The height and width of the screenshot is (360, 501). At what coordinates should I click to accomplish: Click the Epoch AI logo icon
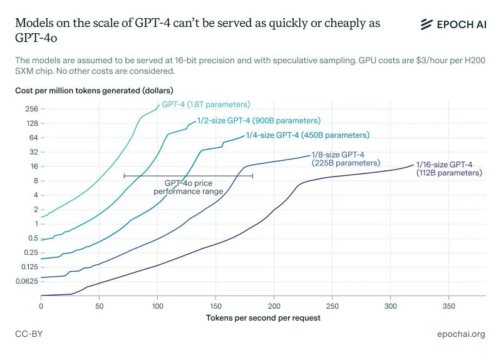(x=427, y=24)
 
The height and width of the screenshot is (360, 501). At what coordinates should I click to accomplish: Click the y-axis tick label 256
(x=32, y=109)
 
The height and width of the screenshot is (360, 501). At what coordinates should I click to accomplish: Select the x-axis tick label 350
(x=448, y=306)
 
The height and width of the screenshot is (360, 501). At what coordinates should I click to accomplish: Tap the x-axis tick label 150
(x=215, y=306)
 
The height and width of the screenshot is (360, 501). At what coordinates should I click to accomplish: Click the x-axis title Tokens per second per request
(x=263, y=318)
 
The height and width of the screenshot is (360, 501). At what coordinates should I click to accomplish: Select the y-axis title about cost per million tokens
(x=94, y=91)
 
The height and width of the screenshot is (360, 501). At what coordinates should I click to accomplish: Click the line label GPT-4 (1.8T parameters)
(x=206, y=105)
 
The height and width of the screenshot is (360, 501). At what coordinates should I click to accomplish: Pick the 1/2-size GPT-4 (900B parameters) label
(x=259, y=120)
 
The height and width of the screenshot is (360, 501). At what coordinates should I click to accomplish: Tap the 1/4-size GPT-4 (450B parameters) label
(x=307, y=135)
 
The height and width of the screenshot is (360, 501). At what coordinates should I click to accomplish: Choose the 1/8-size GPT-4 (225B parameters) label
(x=346, y=159)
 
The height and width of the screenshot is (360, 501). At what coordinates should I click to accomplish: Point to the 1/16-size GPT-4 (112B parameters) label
(x=449, y=168)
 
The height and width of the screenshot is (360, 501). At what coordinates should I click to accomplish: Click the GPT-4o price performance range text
(x=189, y=187)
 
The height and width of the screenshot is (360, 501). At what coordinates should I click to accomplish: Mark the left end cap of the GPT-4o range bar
(x=124, y=176)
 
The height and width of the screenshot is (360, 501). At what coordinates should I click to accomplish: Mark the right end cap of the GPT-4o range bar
(x=252, y=176)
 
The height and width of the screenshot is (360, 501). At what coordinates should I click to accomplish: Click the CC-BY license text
(x=29, y=334)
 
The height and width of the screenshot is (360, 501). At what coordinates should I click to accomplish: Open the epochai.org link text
(x=461, y=334)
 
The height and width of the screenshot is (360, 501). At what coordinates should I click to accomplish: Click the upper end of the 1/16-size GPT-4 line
(x=413, y=165)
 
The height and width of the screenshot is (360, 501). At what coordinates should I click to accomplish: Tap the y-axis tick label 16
(x=34, y=167)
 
